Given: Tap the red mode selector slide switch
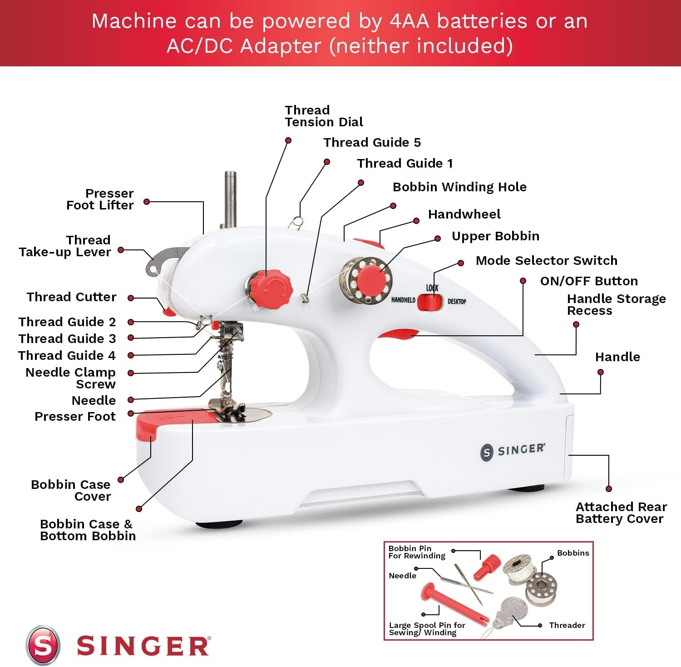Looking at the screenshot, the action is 429,302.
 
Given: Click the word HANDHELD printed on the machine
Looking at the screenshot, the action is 403,300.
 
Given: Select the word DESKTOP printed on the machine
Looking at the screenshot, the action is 457,301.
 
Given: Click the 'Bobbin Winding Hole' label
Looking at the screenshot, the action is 459,187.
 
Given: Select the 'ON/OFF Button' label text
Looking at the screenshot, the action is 589,281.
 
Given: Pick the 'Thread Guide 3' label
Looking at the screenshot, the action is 67,338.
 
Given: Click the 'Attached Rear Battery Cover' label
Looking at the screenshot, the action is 621,513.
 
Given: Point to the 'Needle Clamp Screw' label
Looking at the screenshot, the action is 71,378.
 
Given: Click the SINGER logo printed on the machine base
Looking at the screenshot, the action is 513,451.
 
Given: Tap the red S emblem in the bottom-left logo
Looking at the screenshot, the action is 43,646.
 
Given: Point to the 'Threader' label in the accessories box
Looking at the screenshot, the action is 567,625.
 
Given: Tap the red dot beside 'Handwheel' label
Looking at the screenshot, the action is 416,221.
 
